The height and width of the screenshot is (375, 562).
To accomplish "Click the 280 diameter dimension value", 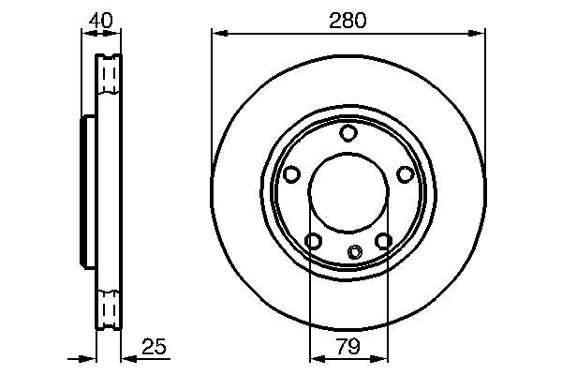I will (x=347, y=18).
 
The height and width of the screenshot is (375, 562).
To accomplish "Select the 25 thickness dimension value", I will (x=154, y=347).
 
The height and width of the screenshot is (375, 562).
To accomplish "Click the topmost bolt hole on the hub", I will (x=348, y=133).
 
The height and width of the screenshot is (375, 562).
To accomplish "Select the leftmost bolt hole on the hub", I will (x=291, y=174).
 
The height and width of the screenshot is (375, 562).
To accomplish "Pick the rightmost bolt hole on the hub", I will (x=405, y=174).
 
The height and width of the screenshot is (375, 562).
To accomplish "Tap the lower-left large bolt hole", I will (x=313, y=242).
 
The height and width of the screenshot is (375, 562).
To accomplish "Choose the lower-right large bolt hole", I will (x=383, y=242).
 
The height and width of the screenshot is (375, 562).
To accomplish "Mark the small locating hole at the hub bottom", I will (x=354, y=251).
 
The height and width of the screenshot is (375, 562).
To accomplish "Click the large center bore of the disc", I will (x=348, y=192).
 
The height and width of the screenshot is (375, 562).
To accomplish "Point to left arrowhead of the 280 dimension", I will (x=217, y=34).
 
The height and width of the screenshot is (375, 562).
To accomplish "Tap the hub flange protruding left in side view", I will (x=87, y=191).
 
